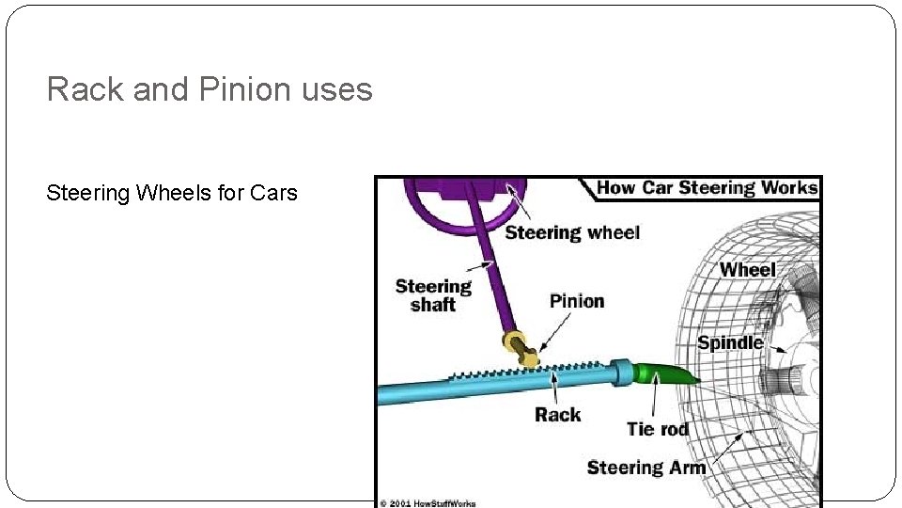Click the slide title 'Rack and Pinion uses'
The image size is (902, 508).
210,90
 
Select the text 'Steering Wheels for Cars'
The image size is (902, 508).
172,194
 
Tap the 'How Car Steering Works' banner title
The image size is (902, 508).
707,187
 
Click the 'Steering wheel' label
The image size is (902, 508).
571,232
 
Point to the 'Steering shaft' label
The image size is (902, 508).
432,295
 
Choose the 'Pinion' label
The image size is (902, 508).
576,301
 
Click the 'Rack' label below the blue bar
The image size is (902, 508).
557,414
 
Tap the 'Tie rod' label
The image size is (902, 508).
658,429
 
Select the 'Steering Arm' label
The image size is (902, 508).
645,468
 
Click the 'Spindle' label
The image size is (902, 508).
729,342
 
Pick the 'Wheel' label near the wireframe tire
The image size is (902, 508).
747,270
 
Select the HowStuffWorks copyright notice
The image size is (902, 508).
428,502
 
